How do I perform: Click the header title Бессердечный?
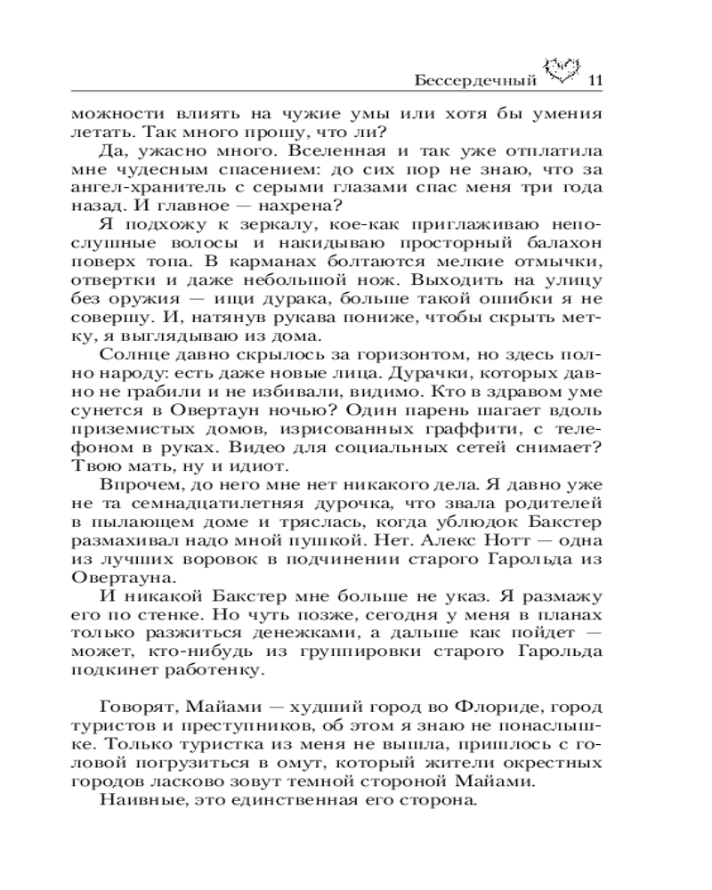[476, 82]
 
